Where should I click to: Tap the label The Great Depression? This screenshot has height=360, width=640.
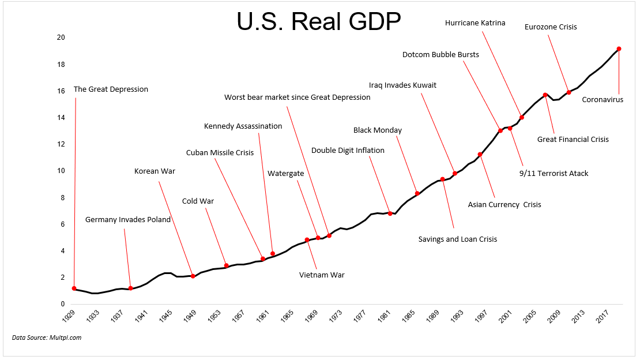(111, 89)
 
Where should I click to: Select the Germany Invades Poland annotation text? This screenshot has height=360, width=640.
(128, 220)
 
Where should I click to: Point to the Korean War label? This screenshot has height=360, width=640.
(155, 171)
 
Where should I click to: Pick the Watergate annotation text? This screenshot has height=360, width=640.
(285, 173)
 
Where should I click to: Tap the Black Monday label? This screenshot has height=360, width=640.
(378, 130)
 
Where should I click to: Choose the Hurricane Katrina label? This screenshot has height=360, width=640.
(475, 23)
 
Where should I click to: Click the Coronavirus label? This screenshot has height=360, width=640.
(603, 100)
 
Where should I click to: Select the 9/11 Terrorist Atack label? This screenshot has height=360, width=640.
(554, 173)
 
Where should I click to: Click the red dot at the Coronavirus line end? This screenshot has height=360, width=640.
(619, 49)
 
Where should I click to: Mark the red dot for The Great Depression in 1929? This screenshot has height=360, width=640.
(74, 288)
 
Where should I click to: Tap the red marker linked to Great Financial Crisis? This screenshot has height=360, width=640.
(545, 95)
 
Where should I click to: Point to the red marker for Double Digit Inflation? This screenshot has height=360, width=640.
(390, 213)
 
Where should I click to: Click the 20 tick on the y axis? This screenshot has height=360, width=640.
(61, 37)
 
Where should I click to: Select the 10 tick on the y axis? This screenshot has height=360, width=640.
(61, 171)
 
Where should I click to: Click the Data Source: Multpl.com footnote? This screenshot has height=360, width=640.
(47, 337)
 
